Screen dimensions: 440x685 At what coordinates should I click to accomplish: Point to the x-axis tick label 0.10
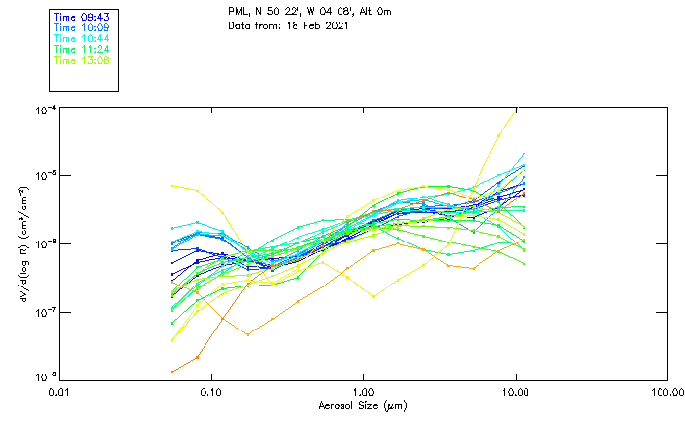pyautogui.click(x=211, y=393)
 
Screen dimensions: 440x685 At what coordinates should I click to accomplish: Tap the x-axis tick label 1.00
pyautogui.click(x=363, y=393)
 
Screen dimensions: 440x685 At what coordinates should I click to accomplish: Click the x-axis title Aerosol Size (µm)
pyautogui.click(x=363, y=406)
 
